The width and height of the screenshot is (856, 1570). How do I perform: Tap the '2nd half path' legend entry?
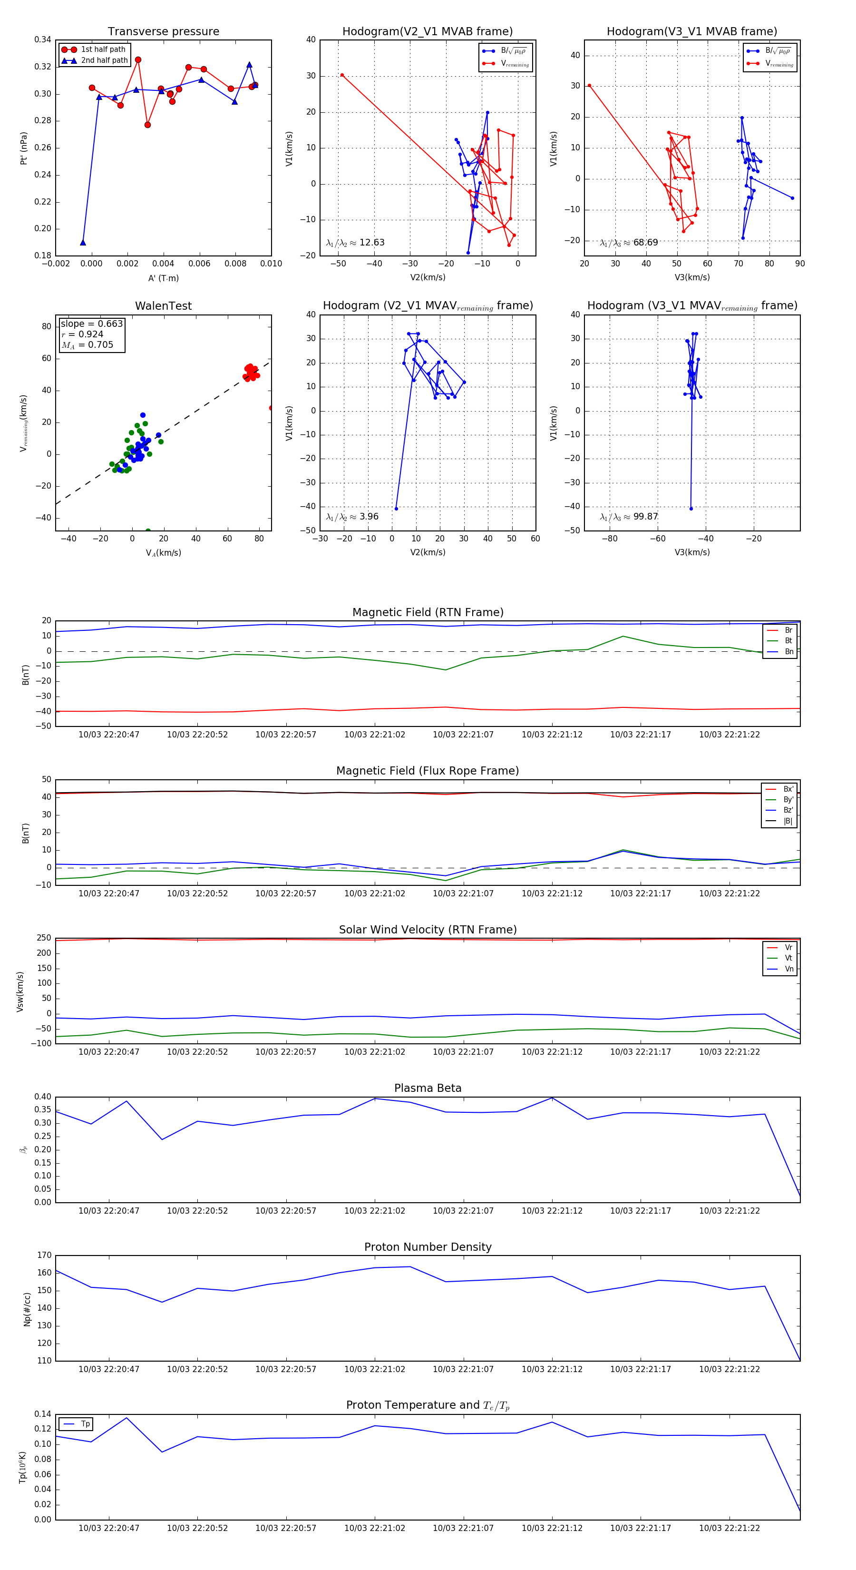point(104,60)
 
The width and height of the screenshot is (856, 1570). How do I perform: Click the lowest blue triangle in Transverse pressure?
point(83,243)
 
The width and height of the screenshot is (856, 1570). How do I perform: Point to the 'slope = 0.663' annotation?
point(91,324)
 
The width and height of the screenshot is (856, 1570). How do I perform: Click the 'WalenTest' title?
point(163,306)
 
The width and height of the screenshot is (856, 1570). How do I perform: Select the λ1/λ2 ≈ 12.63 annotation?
point(355,243)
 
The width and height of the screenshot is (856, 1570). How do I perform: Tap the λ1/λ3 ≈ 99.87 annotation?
point(629,517)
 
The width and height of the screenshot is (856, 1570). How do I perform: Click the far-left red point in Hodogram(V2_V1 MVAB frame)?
point(342,75)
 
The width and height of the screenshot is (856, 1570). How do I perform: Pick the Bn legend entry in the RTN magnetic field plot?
point(788,651)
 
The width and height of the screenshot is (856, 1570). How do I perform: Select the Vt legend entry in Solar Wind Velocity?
point(788,958)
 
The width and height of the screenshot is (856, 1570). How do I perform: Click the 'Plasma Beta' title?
point(428,1089)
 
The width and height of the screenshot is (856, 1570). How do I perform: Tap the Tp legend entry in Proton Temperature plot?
point(85,1424)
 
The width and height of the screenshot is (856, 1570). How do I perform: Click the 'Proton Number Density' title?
point(428,1247)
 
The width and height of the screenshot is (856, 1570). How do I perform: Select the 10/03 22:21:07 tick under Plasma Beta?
point(463,1211)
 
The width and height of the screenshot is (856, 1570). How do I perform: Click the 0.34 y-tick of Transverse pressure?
point(43,39)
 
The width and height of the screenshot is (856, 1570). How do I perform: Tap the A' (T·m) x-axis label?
point(163,278)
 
